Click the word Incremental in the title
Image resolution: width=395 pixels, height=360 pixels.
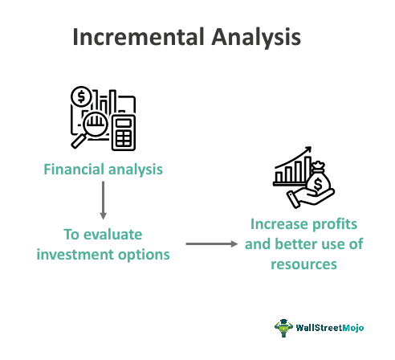[139, 37]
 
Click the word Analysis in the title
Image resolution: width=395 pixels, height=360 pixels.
[256, 38]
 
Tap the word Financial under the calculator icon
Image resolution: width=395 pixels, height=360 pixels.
[74, 169]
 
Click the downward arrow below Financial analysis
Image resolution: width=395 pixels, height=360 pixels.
[103, 200]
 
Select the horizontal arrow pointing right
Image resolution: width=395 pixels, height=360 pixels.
[212, 243]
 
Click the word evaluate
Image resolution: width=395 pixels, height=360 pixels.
[112, 235]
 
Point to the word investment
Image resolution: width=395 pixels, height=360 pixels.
[75, 255]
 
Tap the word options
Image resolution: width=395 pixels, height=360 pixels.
[144, 256]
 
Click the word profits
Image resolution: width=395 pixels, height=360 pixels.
[335, 224]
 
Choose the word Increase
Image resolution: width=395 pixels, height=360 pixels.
[279, 224]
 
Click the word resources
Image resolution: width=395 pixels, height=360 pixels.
[303, 264]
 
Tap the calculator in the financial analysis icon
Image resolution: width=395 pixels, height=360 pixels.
[124, 133]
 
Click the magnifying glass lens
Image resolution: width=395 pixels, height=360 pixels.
[96, 125]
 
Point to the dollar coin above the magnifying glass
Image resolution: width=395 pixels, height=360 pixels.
[81, 96]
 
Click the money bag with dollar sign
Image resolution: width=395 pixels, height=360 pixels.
[319, 178]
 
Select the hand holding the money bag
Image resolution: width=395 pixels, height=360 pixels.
[310, 198]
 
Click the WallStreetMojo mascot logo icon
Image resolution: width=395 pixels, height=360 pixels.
[283, 327]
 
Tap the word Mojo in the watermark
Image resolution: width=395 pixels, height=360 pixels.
[353, 328]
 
